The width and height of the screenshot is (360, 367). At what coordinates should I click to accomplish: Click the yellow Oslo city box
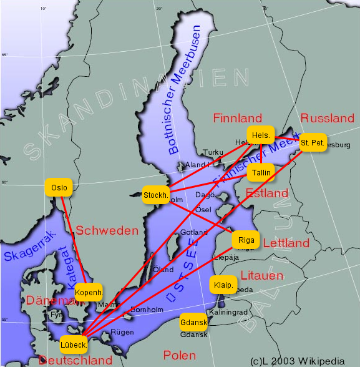click(59, 187)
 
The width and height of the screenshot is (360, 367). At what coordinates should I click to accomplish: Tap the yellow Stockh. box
click(156, 195)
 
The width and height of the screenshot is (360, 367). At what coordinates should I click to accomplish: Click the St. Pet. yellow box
click(312, 143)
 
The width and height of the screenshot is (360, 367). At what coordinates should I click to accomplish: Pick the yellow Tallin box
click(260, 173)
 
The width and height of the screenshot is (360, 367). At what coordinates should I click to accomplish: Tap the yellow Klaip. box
click(223, 285)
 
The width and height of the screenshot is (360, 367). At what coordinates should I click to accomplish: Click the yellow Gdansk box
click(193, 323)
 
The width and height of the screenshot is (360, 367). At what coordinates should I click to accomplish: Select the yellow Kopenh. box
click(89, 292)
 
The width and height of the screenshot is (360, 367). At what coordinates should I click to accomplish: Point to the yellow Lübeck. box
click(74, 344)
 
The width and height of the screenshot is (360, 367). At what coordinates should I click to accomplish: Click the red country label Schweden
click(107, 231)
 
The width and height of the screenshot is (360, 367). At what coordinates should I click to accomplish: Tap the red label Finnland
click(237, 118)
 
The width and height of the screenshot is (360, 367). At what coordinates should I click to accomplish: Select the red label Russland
click(327, 118)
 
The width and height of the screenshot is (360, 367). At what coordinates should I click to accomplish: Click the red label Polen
click(179, 355)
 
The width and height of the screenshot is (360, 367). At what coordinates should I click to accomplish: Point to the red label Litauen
click(262, 275)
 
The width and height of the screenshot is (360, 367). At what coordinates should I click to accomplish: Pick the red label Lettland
click(286, 243)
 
